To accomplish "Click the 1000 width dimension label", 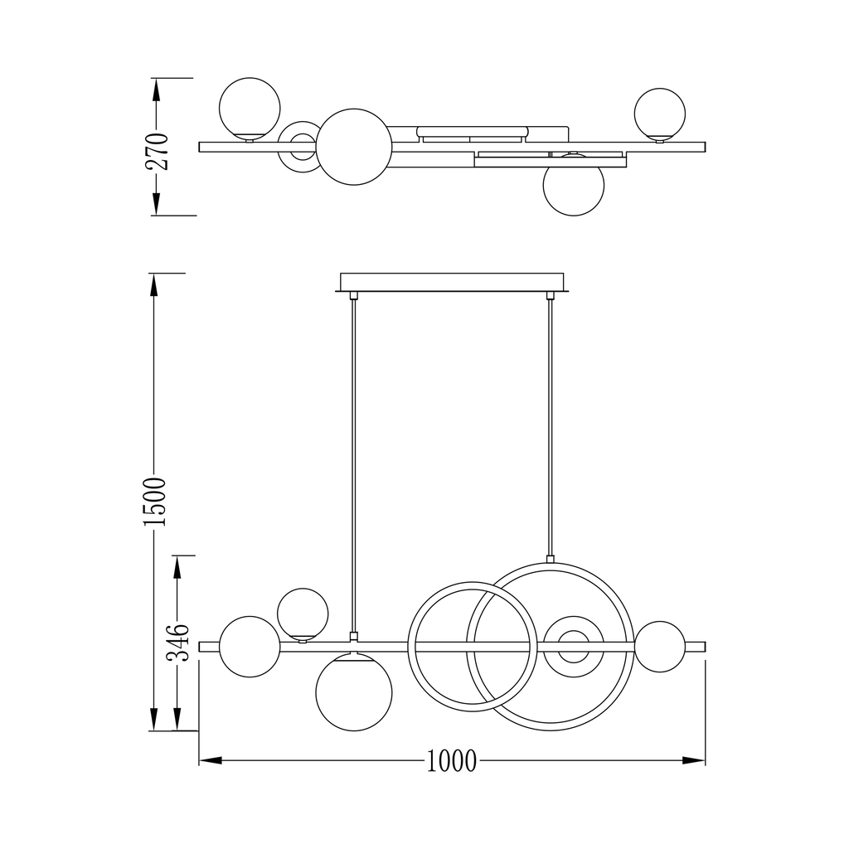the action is (452, 761).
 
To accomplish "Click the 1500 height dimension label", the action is (155, 502).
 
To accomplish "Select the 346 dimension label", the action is (177, 643).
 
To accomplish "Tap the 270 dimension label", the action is (158, 151).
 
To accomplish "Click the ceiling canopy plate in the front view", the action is (452, 283).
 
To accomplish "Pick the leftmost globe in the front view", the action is (250, 647).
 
